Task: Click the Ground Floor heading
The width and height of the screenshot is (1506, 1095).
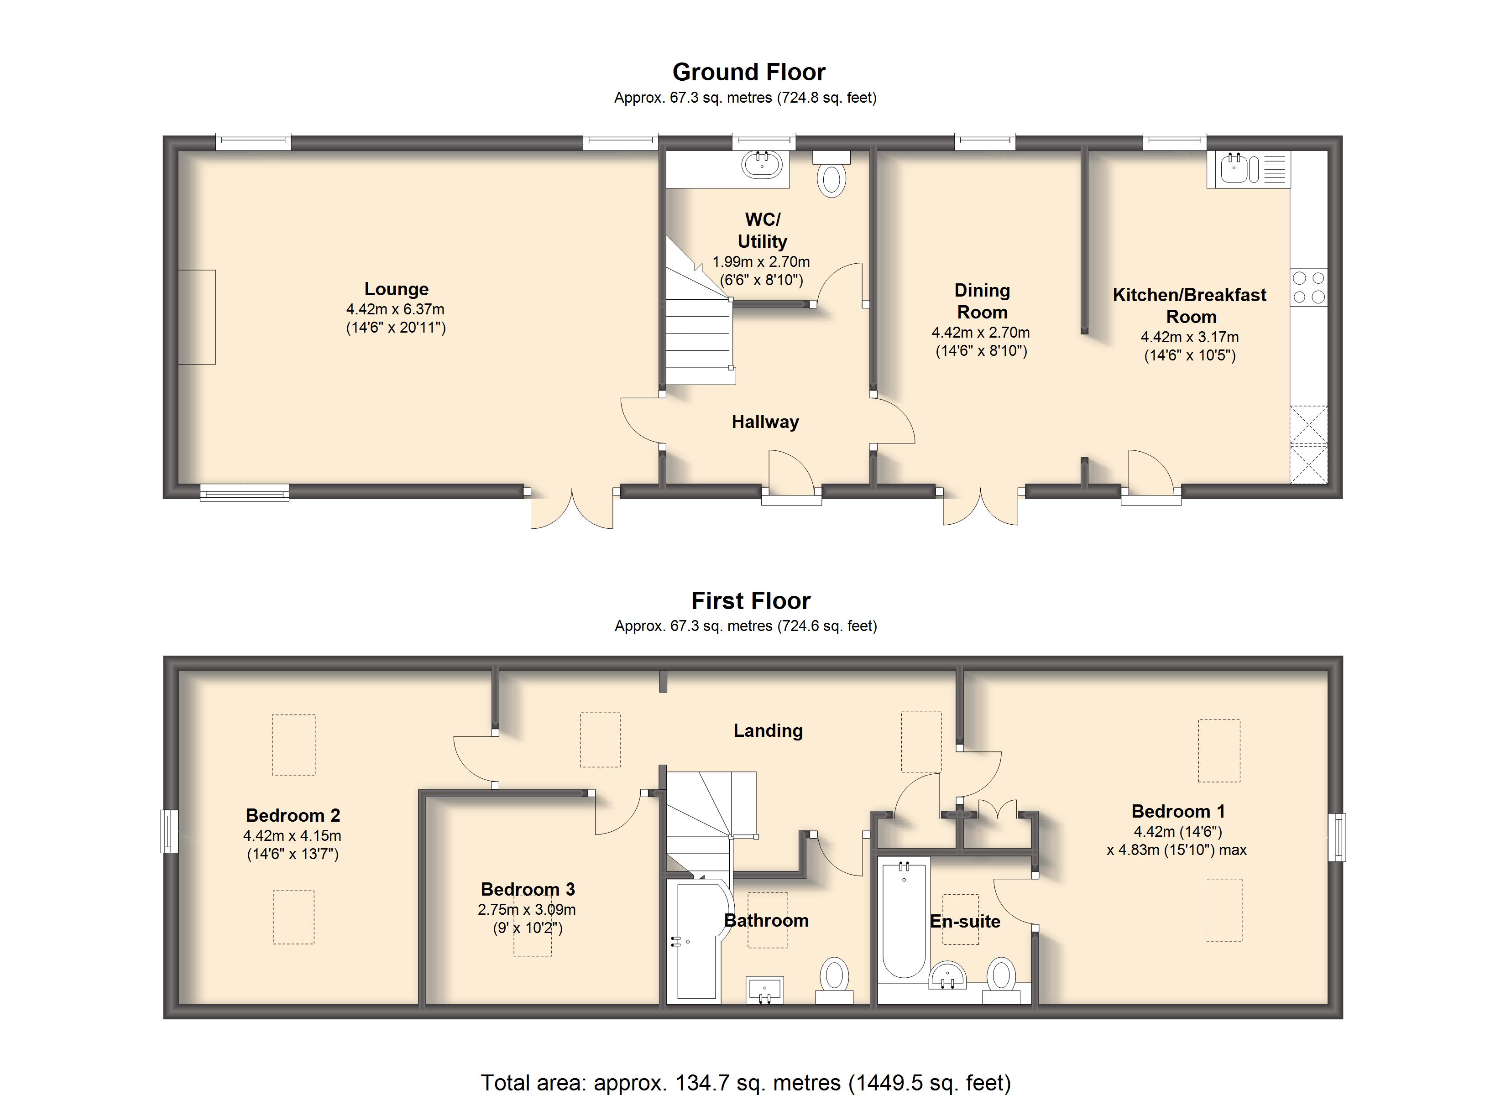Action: click(x=748, y=72)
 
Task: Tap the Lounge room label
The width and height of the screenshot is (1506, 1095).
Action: click(x=397, y=289)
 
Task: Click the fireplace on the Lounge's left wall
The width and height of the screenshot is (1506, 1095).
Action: click(x=197, y=317)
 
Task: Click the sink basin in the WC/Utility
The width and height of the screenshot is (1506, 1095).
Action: click(x=762, y=164)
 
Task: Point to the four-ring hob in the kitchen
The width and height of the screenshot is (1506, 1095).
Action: click(x=1308, y=287)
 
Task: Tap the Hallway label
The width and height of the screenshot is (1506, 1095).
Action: click(x=765, y=422)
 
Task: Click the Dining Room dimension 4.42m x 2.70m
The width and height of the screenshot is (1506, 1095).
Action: click(x=980, y=332)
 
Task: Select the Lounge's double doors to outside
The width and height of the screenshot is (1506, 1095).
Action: click(x=571, y=508)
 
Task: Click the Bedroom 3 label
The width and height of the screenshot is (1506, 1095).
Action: click(x=528, y=889)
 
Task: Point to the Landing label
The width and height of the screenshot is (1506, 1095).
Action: click(x=768, y=730)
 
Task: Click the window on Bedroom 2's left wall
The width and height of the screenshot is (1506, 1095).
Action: click(x=169, y=831)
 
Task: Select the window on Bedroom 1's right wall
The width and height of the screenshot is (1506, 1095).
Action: click(x=1336, y=837)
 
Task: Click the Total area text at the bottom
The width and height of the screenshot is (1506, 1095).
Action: click(x=745, y=1082)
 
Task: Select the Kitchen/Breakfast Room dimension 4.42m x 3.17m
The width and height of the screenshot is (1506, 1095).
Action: click(x=1189, y=337)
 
